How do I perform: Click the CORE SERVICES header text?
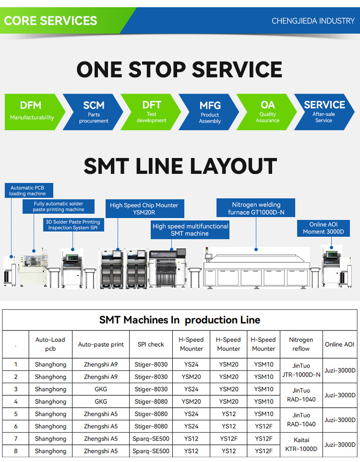[50, 21]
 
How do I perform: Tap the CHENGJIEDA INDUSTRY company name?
[313, 21]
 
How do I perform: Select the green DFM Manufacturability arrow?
[32, 111]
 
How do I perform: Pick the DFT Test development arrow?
[152, 111]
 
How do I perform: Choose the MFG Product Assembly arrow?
[210, 111]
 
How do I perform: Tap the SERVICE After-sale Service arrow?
[324, 111]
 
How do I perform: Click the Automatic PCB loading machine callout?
[28, 191]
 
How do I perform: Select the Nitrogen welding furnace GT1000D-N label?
[256, 208]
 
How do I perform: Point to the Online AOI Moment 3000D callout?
[324, 228]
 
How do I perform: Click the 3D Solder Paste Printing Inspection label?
[73, 225]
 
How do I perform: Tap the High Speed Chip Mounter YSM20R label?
[144, 209]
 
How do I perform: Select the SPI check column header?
[151, 344]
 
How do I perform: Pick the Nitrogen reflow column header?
[301, 344]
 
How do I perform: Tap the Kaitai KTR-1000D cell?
[301, 445]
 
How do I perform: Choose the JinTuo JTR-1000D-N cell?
[301, 371]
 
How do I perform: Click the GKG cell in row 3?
[101, 389]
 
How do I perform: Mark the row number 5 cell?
[16, 414]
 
